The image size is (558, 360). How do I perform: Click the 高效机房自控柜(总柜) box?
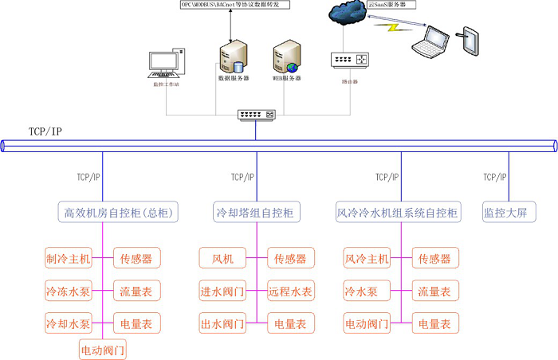(x=119, y=213)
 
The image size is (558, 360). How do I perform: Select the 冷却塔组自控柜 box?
(x=255, y=213)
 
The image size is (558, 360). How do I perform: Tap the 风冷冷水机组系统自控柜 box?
(x=398, y=213)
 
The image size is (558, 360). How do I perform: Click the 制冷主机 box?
(x=69, y=258)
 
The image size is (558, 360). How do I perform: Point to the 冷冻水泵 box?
(x=69, y=291)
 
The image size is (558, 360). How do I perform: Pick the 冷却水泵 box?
(x=69, y=323)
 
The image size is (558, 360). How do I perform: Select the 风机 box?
(x=222, y=258)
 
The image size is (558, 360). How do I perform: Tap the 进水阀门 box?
(x=222, y=291)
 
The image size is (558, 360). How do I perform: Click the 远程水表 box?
(x=291, y=291)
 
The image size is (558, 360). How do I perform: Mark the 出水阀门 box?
(x=222, y=323)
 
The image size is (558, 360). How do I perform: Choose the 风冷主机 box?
(x=367, y=258)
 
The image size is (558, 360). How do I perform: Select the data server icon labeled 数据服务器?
(x=231, y=57)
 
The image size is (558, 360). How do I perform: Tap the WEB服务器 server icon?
(x=286, y=57)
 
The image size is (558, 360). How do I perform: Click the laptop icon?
(x=429, y=42)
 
